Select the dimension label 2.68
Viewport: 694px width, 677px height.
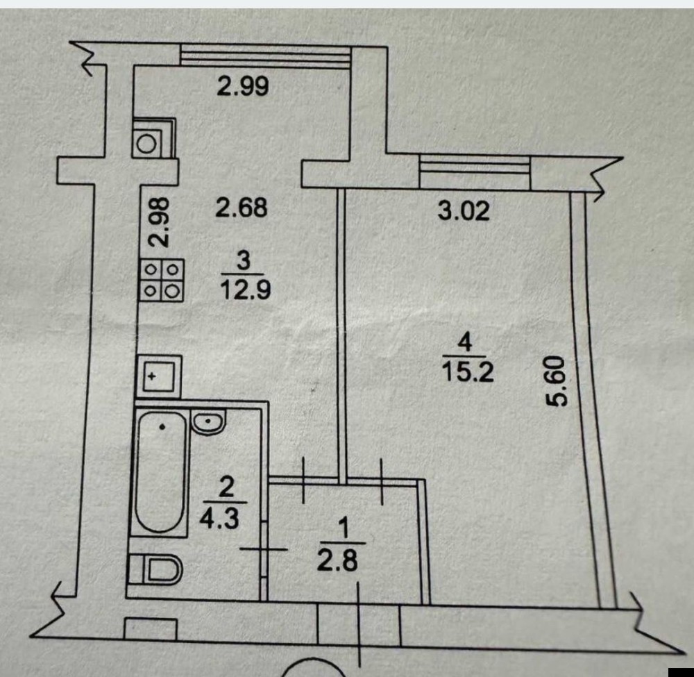(241, 207)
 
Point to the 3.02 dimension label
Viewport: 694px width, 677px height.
(464, 210)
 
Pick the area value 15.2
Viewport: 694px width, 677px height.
(468, 373)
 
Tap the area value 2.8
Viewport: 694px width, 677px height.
(337, 560)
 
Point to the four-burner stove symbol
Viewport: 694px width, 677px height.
(162, 279)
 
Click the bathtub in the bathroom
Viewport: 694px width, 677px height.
(161, 471)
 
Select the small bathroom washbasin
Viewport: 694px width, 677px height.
(208, 421)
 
